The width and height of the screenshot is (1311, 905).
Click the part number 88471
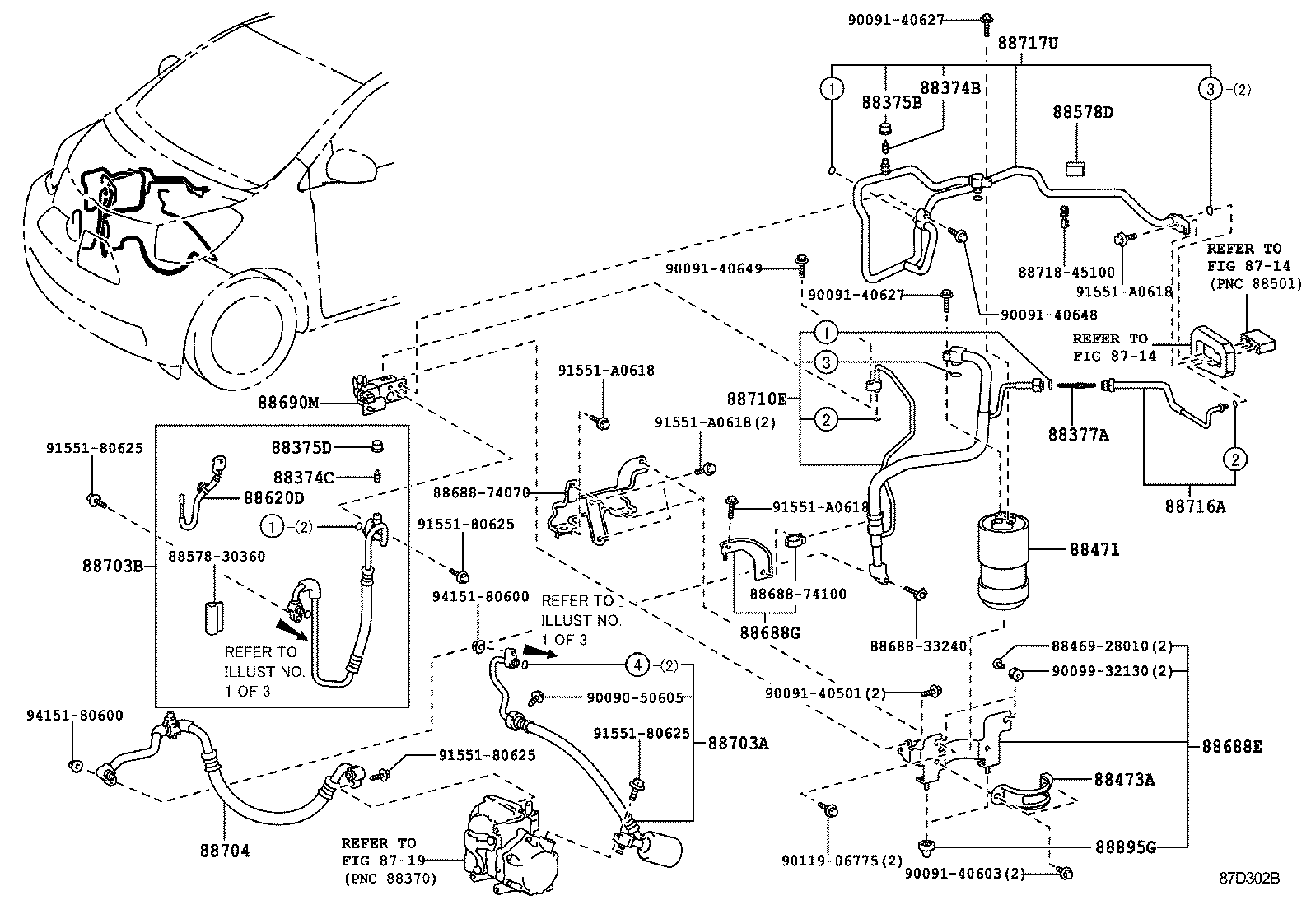[x=1094, y=549]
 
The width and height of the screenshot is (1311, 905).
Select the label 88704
[x=224, y=851]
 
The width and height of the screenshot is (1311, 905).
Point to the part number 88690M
[x=287, y=403]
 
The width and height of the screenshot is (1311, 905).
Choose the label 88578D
[x=1082, y=112]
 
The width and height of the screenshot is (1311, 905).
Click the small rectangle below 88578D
[x=1075, y=169]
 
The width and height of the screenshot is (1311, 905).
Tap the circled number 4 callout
[x=637, y=663]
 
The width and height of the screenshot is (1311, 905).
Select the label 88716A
[x=1194, y=507]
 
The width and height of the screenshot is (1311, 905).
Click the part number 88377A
[x=1078, y=434]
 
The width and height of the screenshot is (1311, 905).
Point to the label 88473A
[x=1124, y=779]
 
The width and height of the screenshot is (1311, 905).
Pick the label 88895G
[x=1124, y=847]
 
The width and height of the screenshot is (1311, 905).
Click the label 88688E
[x=1231, y=747]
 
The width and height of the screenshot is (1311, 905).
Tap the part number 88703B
[x=113, y=566]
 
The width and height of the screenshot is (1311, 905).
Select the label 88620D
[x=273, y=498]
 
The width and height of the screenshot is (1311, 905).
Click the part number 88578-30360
[x=217, y=557]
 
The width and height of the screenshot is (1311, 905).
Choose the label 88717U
[x=1028, y=43]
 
